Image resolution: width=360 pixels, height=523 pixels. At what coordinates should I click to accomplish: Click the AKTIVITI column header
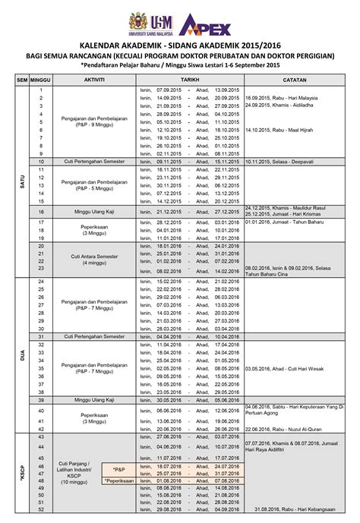pyautogui.click(x=94, y=79)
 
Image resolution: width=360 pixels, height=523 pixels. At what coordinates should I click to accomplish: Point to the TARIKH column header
pyautogui.click(x=190, y=79)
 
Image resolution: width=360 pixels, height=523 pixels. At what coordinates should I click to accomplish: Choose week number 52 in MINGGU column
pyautogui.click(x=40, y=509)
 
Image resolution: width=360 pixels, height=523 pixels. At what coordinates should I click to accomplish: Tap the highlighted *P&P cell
pyautogui.click(x=119, y=469)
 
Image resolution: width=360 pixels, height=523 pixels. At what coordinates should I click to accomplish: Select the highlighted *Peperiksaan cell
pyautogui.click(x=119, y=480)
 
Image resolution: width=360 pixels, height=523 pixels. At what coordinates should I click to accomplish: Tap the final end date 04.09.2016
pyautogui.click(x=227, y=509)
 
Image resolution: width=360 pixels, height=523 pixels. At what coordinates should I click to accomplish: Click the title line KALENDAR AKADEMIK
pyautogui.click(x=180, y=45)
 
